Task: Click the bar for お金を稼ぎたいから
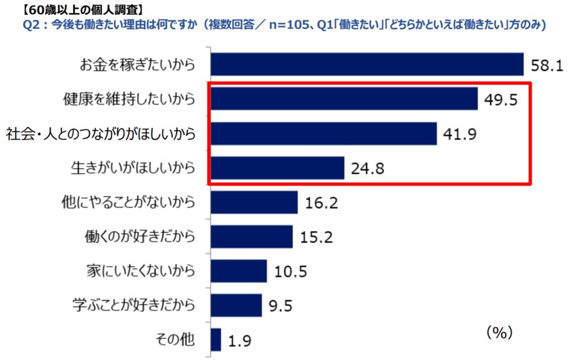[368, 64]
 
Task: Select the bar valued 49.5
[344, 99]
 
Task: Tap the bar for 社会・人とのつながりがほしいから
[324, 134]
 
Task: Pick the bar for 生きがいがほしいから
[278, 168]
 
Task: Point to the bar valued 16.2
[255, 202]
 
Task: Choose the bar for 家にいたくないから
[239, 270]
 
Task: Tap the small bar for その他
[217, 340]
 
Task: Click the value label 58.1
[547, 65]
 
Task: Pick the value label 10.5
[290, 271]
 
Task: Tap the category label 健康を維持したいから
[130, 99]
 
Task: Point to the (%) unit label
[499, 332]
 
